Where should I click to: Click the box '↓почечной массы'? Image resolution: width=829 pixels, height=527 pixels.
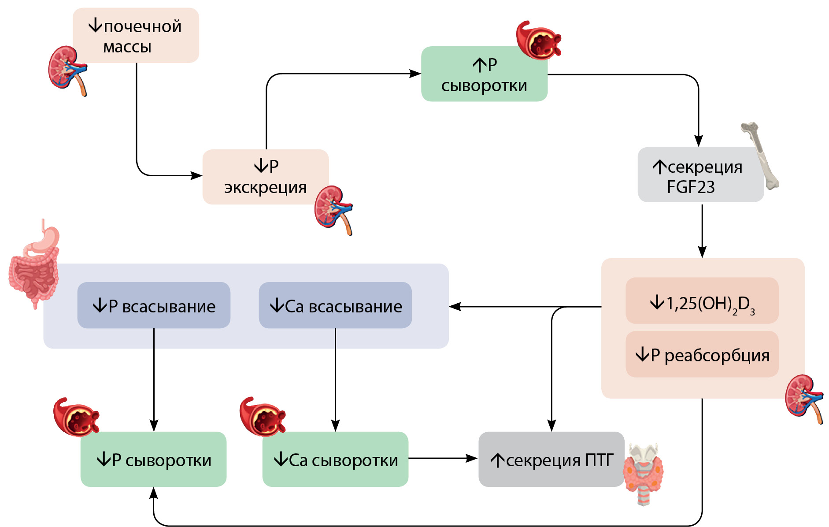(x=136, y=35)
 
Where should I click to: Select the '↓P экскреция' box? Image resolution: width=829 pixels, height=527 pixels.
(x=265, y=177)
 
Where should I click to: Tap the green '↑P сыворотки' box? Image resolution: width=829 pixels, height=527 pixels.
(x=484, y=74)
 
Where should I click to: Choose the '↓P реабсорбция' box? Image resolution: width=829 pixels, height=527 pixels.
(x=702, y=355)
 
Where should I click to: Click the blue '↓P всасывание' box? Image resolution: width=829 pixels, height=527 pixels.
(x=154, y=305)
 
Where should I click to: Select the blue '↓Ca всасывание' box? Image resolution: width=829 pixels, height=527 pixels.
(x=335, y=305)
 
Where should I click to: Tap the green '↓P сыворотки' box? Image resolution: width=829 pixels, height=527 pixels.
(x=153, y=459)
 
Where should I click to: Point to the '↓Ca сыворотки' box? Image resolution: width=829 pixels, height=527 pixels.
(x=335, y=459)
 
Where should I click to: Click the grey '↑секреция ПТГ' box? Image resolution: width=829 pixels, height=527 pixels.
(x=551, y=459)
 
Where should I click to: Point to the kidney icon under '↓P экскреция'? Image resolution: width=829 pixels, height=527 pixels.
(x=333, y=210)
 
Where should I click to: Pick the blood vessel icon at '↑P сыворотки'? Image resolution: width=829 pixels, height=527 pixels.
(x=538, y=41)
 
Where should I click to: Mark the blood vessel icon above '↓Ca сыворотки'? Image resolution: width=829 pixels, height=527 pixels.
(x=262, y=417)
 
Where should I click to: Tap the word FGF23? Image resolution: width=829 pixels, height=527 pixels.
(x=691, y=187)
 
